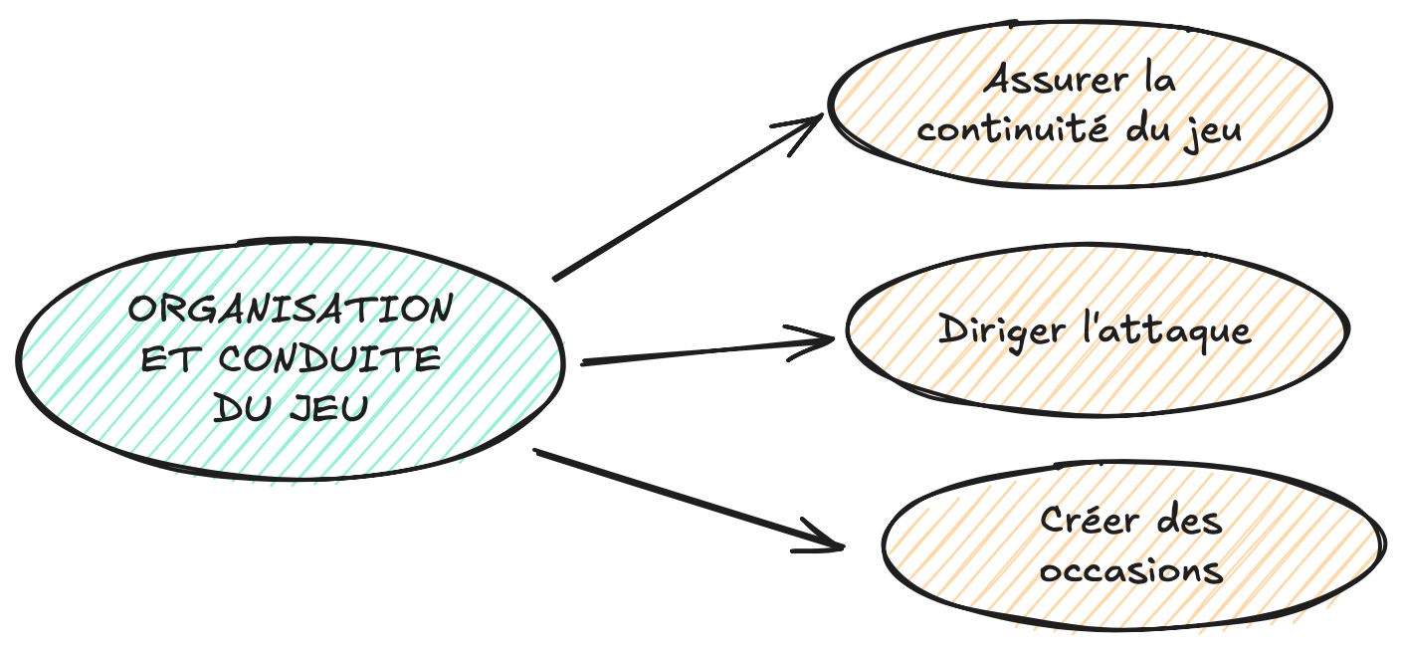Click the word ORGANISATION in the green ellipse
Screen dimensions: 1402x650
point(291,309)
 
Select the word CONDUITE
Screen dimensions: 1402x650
point(329,358)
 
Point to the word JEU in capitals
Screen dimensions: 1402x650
point(329,408)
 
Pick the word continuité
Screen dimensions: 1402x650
point(1012,129)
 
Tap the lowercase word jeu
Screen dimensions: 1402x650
point(1212,132)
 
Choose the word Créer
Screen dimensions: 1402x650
point(1089,521)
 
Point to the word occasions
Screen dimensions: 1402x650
point(1131,570)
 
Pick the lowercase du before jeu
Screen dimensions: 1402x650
point(1147,129)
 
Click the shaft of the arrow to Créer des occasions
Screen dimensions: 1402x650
point(689,499)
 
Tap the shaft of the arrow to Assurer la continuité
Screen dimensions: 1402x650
point(689,197)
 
